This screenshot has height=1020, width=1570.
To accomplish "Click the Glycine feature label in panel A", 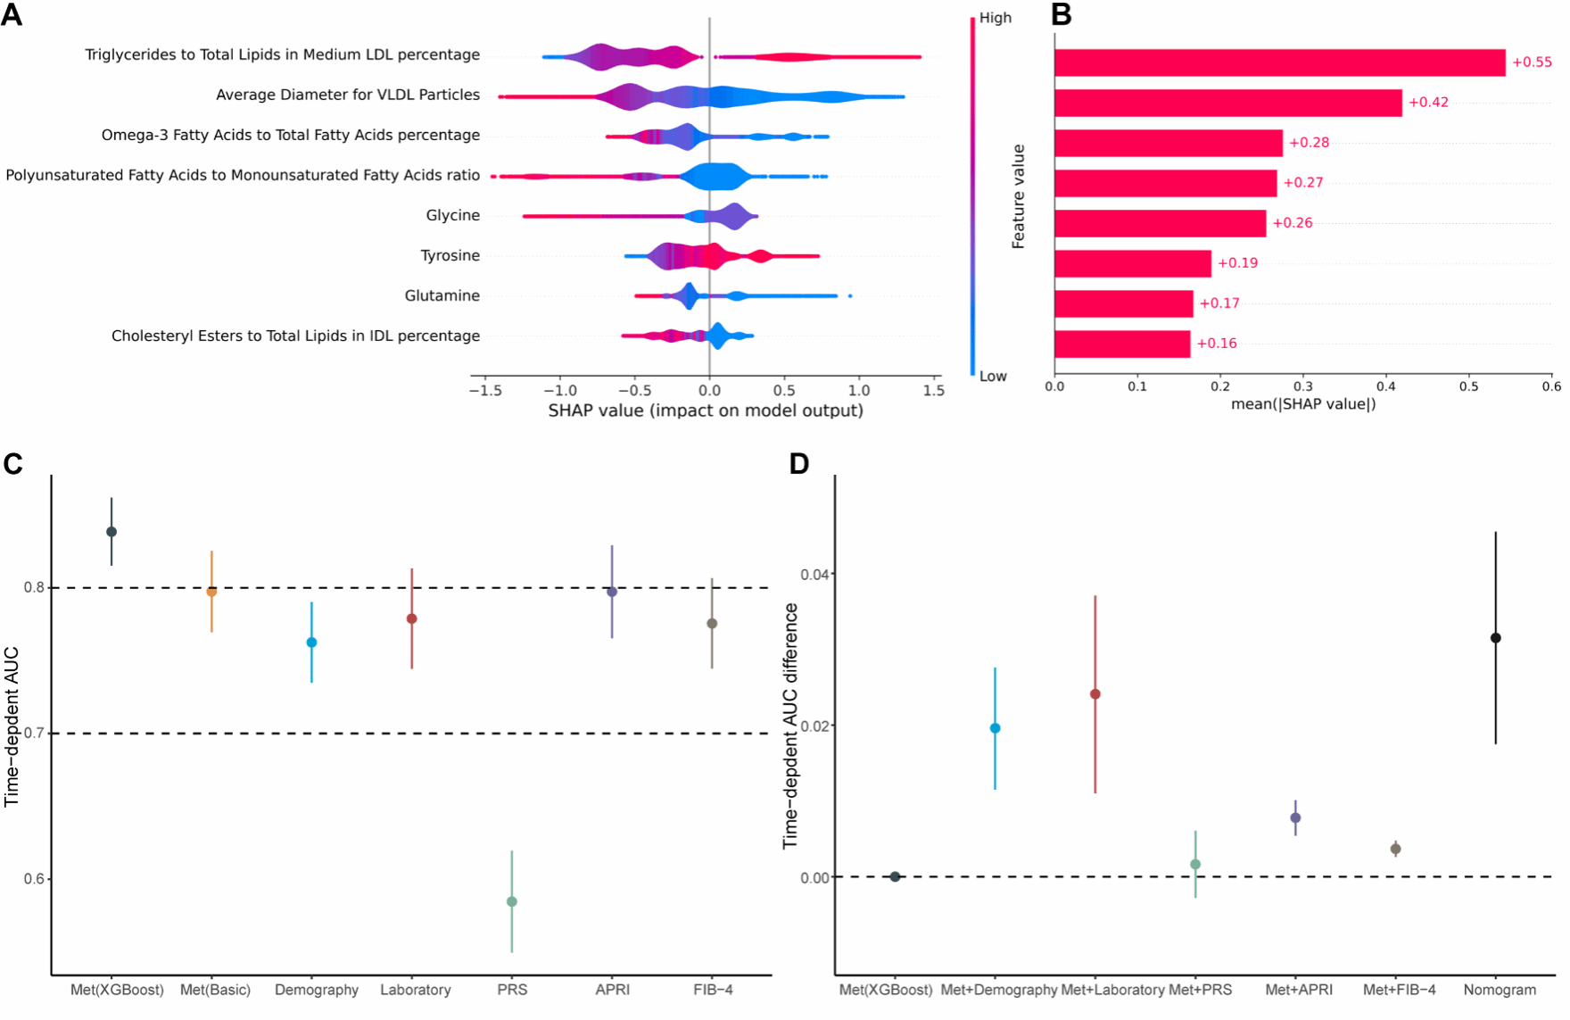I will pos(452,215).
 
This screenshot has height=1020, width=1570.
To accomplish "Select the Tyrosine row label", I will pos(450,255).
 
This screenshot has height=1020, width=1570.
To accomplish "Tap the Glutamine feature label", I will pos(442,295).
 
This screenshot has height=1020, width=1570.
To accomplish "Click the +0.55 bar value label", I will pos(1532,62).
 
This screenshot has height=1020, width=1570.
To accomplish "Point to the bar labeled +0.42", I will pos(1227,103).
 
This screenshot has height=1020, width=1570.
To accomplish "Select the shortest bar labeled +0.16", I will pos(1122,344).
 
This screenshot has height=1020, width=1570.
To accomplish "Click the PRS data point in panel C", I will pos(512,901).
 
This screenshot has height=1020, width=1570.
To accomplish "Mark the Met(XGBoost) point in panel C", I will pos(112,532).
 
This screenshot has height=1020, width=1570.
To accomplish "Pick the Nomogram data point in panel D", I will pos(1496,638).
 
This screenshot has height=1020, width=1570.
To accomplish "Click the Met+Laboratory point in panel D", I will pos(1095,694).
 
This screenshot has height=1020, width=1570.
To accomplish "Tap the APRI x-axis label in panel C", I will pos(613,990).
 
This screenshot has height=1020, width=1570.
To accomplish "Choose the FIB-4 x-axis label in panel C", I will pos(713,990).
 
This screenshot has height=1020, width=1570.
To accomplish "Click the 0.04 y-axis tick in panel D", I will pos(814,574).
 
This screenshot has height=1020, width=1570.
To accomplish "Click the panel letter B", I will pos(1061,15).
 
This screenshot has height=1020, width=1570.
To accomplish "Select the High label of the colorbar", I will pos(996,18).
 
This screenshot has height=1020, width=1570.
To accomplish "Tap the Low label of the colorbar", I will pos(993,377).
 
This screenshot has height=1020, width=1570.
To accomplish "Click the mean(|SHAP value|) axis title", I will pos(1303,404).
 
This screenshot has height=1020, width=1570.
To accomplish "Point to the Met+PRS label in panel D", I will pos(1200,990).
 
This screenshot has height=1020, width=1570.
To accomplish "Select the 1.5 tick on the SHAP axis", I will pos(933,391).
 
